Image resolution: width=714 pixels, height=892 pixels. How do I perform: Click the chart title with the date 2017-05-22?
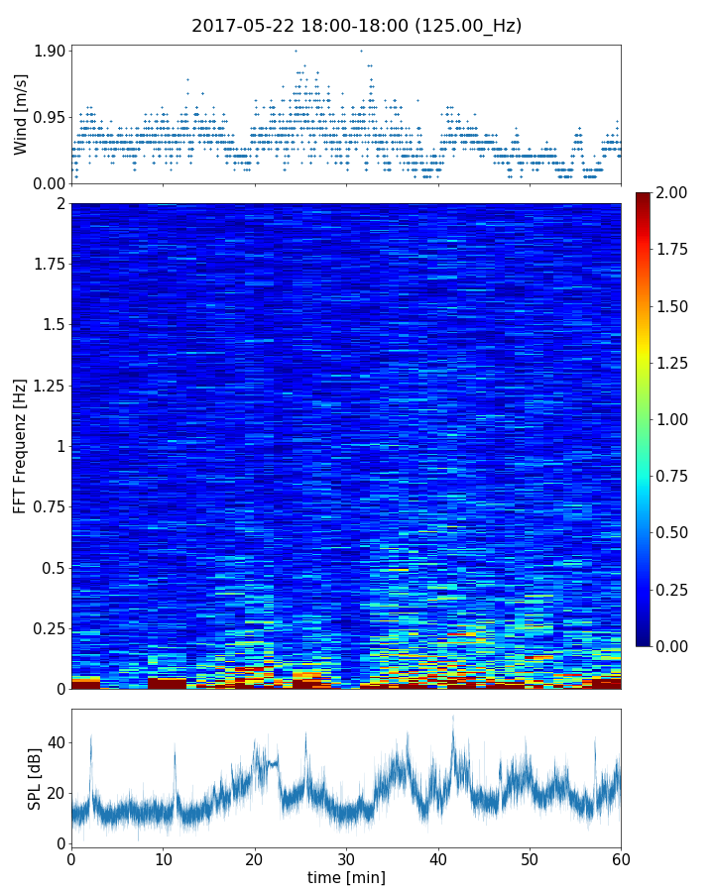(356, 26)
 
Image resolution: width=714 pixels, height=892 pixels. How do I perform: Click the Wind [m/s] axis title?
(21, 115)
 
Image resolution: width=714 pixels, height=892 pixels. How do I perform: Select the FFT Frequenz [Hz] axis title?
(21, 445)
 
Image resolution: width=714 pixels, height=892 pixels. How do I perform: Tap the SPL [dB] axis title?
(35, 779)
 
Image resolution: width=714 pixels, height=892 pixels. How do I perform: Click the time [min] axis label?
(346, 877)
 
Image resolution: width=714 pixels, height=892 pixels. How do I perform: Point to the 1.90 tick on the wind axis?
(50, 51)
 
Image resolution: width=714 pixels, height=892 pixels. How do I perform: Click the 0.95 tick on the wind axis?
(50, 117)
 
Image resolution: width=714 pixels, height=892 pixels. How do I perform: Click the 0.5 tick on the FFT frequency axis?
(53, 568)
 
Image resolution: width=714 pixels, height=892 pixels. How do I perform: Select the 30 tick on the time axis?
(346, 858)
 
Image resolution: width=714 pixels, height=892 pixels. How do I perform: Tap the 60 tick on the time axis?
(621, 858)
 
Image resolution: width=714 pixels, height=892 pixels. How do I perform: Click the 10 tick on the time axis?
(163, 858)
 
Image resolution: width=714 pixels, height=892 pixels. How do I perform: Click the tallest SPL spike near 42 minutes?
(453, 718)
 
